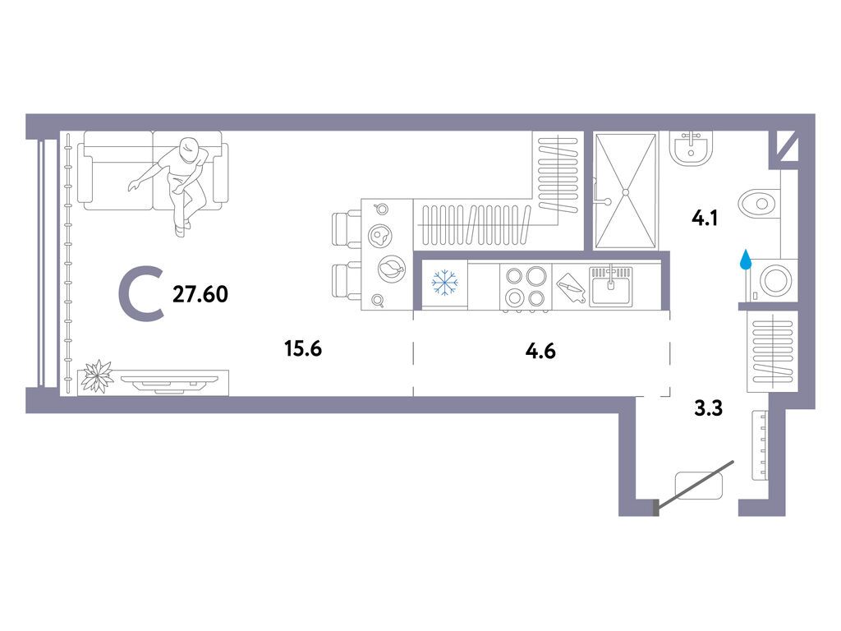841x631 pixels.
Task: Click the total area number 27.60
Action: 200,294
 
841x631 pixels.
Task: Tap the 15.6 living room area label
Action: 303,348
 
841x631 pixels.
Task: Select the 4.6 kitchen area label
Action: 540,351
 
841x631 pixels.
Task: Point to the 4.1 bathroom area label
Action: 705,219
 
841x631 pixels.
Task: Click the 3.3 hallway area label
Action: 709,408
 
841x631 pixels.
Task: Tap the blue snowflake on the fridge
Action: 444,283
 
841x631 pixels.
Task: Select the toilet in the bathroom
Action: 758,204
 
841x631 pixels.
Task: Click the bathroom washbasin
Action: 692,148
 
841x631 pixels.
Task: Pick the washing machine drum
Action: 775,280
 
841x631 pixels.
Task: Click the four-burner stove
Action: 526,287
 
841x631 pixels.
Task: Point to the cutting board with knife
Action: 570,288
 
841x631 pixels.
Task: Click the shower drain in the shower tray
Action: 625,191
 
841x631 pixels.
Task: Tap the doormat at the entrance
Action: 699,485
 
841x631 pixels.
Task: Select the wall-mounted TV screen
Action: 170,382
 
